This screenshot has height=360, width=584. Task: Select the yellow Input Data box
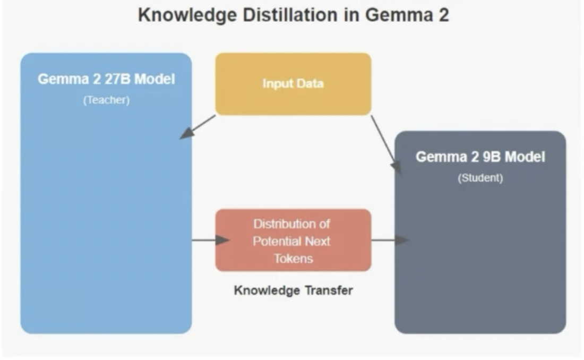coord(293,84)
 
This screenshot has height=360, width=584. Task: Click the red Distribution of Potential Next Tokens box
coord(293,240)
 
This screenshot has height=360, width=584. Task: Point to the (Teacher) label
coord(106,100)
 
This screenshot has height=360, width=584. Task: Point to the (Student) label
coord(480,178)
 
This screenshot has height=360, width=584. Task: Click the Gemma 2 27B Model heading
coord(106,80)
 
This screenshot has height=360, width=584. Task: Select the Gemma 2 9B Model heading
coord(480,157)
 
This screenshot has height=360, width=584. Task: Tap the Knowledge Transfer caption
coord(293,290)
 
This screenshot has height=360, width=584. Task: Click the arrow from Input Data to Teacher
coord(197,127)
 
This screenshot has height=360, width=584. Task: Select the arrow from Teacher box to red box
coord(210,240)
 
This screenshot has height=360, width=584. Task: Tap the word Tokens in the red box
coord(293,259)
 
